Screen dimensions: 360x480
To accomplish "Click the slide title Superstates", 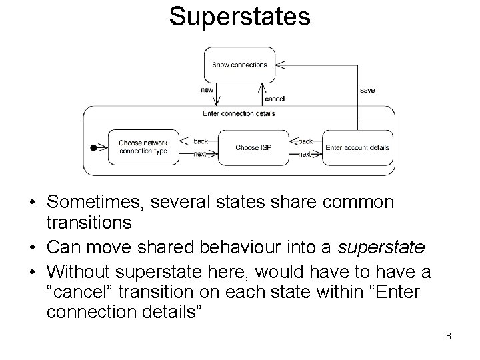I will [x=239, y=17].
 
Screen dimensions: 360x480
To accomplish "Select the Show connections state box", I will [x=240, y=65].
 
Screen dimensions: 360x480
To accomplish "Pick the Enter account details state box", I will [x=357, y=147].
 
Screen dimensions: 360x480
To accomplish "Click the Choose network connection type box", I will [x=143, y=147].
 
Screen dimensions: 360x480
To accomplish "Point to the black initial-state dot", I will [x=93, y=147].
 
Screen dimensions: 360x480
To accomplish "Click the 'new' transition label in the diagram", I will [x=207, y=90].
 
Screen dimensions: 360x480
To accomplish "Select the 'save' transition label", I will [x=367, y=90].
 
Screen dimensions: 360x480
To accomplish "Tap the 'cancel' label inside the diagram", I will [x=275, y=99].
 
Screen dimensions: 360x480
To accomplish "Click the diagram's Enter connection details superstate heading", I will [x=239, y=113].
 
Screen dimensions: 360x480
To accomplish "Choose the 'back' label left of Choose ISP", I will [x=201, y=141].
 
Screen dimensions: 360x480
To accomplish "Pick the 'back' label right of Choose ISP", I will [x=305, y=141].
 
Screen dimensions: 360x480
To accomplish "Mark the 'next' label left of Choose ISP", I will [x=200, y=154].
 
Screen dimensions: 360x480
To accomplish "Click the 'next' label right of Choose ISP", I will [x=305, y=154].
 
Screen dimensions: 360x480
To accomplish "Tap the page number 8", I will [x=449, y=336].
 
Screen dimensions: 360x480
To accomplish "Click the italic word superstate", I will [x=380, y=248].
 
